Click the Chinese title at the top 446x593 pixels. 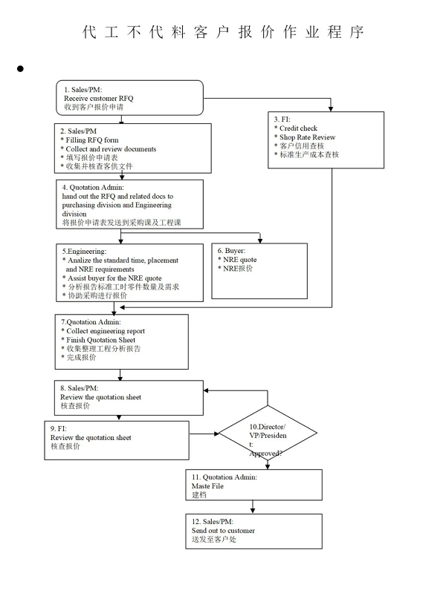[x=223, y=32]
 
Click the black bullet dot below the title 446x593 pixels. [x=20, y=68]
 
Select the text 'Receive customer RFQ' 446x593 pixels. [x=99, y=98]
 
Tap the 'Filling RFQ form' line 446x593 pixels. [x=92, y=140]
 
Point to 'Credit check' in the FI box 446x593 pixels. [x=298, y=128]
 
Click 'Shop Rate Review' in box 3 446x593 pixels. [x=307, y=137]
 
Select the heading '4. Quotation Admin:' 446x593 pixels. [x=93, y=187]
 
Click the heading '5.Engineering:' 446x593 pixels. [x=84, y=251]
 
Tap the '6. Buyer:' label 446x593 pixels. [x=231, y=250]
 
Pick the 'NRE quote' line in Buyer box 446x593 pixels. [x=240, y=260]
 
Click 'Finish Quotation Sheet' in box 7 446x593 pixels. [x=101, y=340]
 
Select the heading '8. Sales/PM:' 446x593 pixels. [x=80, y=388]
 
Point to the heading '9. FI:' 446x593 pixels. [x=59, y=428]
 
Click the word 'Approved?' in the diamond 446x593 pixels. [x=265, y=453]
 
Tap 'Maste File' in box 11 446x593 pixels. [x=207, y=486]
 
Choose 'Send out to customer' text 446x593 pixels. [x=223, y=531]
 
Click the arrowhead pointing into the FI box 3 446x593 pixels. [x=331, y=108]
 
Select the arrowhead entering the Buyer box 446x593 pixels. [x=260, y=240]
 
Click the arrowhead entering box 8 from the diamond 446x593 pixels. [x=206, y=390]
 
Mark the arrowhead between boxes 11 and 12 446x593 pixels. [x=253, y=511]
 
